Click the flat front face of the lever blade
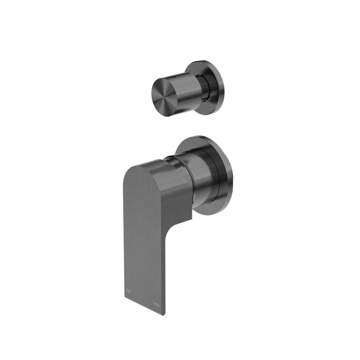[x=144, y=234]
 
